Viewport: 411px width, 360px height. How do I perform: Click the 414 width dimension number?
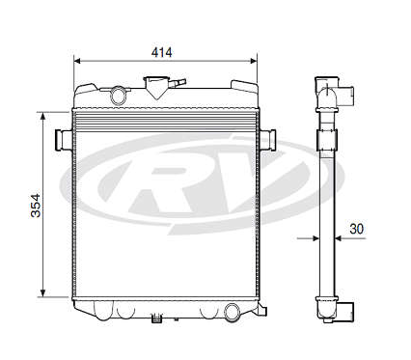162,52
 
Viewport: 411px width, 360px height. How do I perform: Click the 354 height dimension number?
36,206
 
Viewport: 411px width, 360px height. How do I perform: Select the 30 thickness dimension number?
357,229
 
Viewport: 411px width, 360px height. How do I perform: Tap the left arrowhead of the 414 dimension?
77,61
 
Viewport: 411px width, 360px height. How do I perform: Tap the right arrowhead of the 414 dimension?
254,61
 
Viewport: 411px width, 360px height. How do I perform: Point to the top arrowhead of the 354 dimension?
42,116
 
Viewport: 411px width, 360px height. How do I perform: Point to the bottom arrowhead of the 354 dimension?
42,293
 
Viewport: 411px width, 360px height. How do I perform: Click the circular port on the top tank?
118,96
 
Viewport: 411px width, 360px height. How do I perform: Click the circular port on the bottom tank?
232,312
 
